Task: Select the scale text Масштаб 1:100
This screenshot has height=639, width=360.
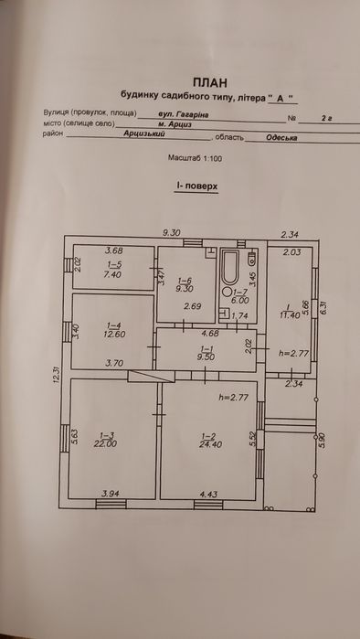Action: pyautogui.click(x=194, y=157)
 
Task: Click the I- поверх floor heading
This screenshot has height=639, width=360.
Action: pyautogui.click(x=195, y=186)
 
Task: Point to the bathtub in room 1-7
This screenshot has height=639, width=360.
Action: pyautogui.click(x=228, y=270)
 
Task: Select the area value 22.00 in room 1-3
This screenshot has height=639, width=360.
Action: pyautogui.click(x=104, y=444)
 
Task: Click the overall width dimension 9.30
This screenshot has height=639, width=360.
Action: pyautogui.click(x=172, y=232)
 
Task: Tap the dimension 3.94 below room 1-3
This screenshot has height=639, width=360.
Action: pyautogui.click(x=111, y=495)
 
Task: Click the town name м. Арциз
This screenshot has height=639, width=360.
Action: pyautogui.click(x=173, y=124)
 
